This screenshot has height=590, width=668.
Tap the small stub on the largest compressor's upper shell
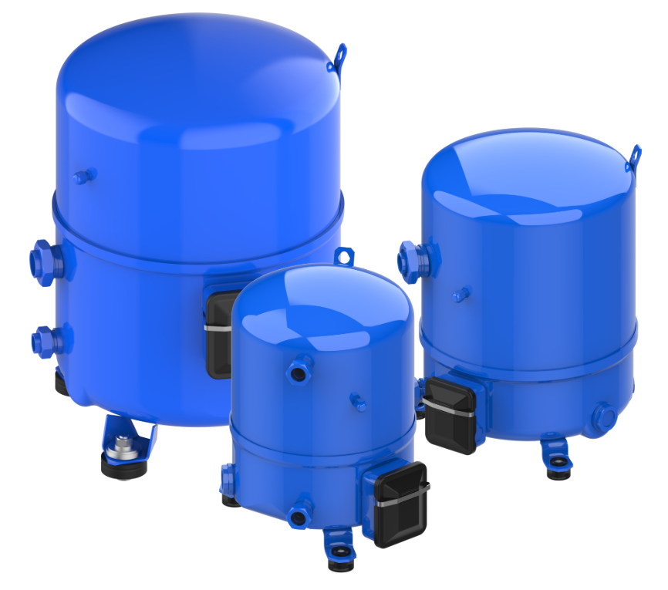(84, 177)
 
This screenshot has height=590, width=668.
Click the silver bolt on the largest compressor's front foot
(122, 447)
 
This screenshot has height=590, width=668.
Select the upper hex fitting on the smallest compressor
(298, 371)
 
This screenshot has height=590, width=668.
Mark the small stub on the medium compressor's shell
(461, 295)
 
